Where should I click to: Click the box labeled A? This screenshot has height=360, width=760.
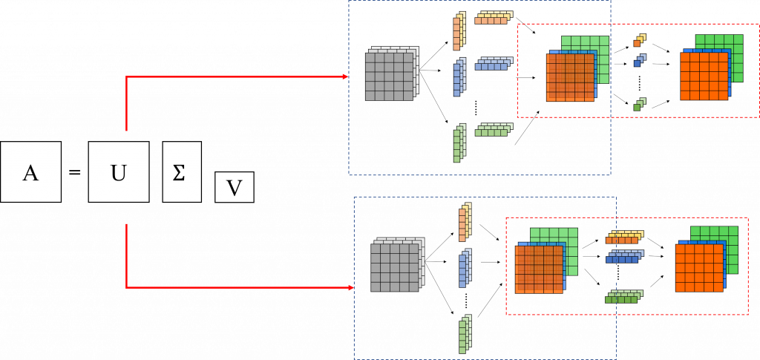[x=31, y=171]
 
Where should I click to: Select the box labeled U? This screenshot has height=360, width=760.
[x=118, y=171]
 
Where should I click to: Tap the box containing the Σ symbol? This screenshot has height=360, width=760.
[x=182, y=171]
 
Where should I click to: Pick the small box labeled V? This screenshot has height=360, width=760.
[x=235, y=189]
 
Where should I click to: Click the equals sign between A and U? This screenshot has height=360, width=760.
[x=74, y=172]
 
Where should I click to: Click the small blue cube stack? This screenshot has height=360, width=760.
[x=640, y=60]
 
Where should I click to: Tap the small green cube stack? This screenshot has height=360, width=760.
[x=640, y=104]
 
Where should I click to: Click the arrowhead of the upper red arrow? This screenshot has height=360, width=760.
[x=346, y=76]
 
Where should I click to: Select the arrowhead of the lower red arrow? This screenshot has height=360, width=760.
[x=351, y=288]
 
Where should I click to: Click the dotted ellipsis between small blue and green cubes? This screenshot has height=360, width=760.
[x=640, y=82]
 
